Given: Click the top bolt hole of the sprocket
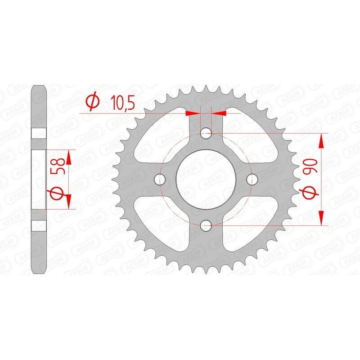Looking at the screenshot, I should click(206, 133).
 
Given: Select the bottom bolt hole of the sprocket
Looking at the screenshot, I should click(206, 225).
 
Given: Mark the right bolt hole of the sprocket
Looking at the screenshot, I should click(252, 179).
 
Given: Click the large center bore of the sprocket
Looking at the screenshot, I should click(206, 179).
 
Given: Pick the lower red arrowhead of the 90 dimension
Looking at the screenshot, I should click(321, 217).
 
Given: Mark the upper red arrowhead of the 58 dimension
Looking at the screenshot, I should click(68, 157).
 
